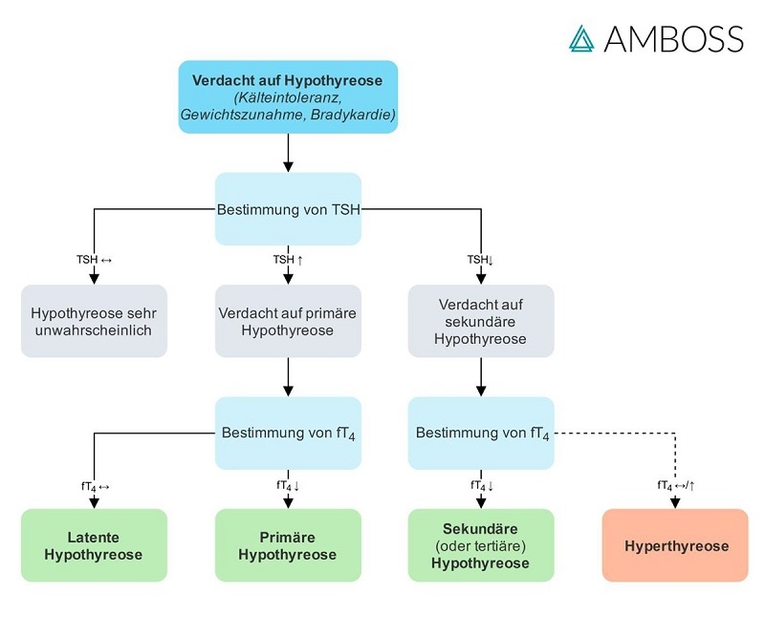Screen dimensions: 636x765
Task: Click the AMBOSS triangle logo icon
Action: (x=580, y=38)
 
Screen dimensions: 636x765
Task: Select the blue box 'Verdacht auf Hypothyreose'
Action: (x=288, y=96)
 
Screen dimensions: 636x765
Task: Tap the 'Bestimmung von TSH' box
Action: (x=288, y=208)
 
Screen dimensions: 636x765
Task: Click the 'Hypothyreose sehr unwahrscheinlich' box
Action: (x=94, y=321)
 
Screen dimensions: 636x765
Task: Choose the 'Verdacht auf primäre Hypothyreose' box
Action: (x=288, y=321)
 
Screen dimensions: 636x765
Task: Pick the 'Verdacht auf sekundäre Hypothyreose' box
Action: (x=481, y=321)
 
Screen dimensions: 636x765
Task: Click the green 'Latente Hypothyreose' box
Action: (x=94, y=545)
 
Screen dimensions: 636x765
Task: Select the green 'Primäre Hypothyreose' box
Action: (x=288, y=545)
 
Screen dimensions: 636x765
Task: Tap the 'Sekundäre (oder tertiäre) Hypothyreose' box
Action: (x=481, y=545)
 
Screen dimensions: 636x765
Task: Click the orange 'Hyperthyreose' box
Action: (x=675, y=545)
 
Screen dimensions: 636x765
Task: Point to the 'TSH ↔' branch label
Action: (x=95, y=259)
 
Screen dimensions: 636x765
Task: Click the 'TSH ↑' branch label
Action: (x=288, y=259)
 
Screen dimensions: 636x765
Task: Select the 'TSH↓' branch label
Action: (x=480, y=259)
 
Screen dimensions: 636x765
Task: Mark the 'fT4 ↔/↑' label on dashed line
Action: (x=675, y=485)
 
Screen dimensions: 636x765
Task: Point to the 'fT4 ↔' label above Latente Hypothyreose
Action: (x=95, y=485)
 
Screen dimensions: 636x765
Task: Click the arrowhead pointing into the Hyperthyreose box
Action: (x=675, y=502)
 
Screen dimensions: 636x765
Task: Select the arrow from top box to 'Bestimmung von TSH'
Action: (x=288, y=153)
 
